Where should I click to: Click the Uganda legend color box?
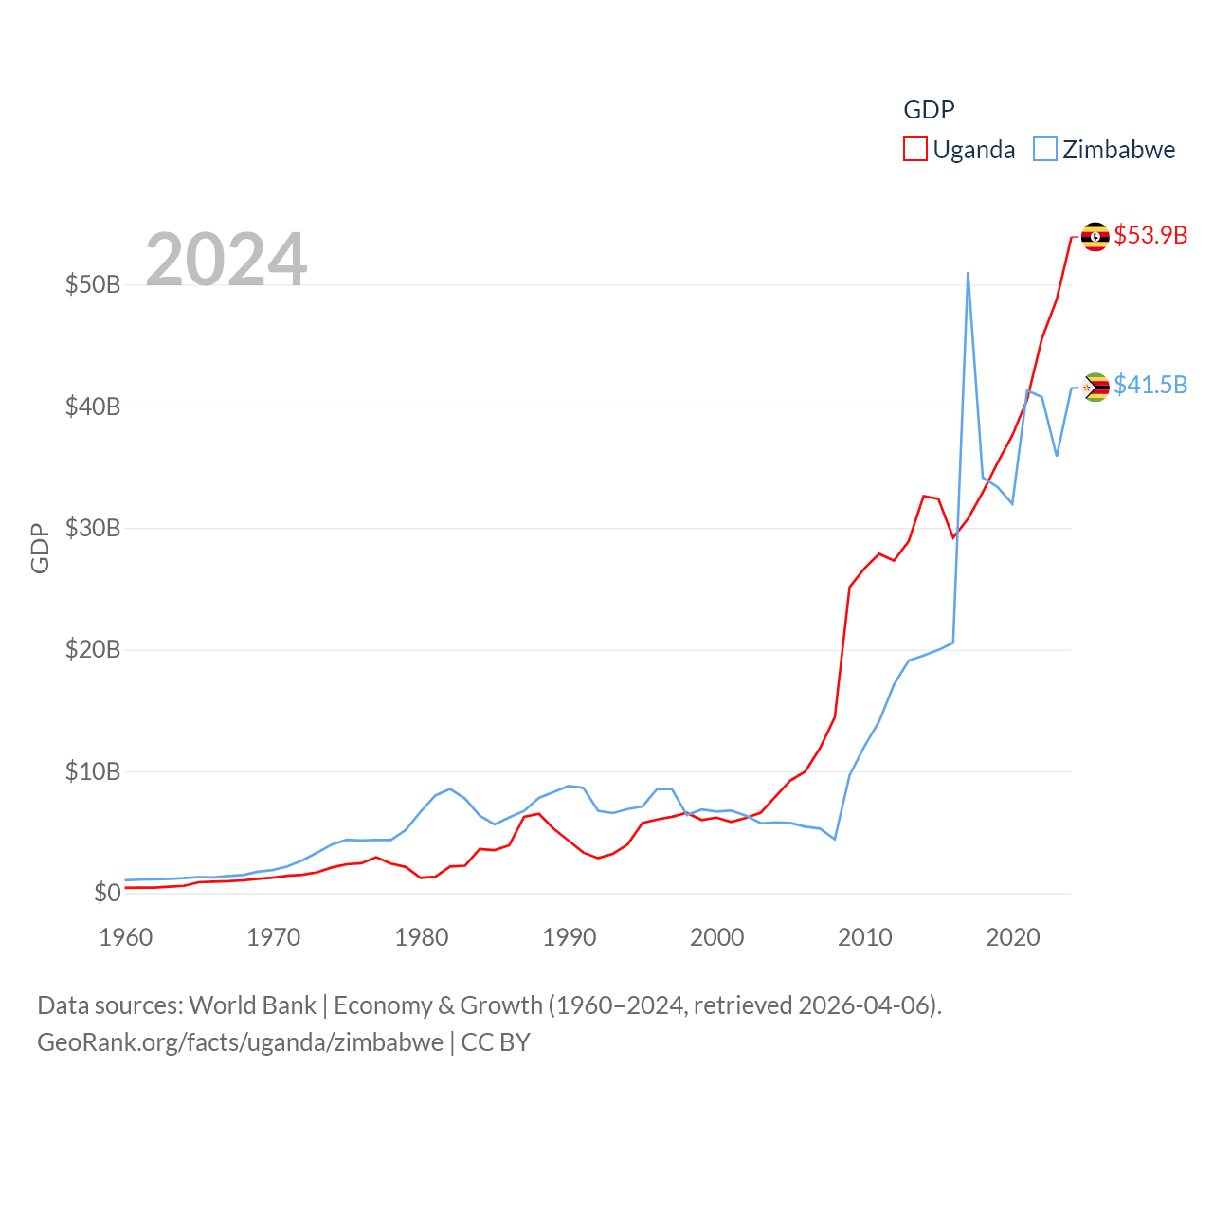(x=914, y=150)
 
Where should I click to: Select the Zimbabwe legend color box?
(x=1044, y=150)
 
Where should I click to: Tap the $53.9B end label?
(x=1150, y=235)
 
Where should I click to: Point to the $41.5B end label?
(x=1150, y=385)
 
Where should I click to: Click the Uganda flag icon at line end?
(x=1095, y=236)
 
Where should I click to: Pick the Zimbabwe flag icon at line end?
(x=1095, y=387)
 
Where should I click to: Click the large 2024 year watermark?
(x=226, y=259)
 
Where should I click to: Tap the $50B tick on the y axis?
(x=92, y=284)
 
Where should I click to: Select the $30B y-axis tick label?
(x=92, y=528)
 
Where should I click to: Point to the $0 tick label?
(x=107, y=893)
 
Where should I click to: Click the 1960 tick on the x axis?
(x=125, y=937)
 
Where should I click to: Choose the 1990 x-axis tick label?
(x=569, y=937)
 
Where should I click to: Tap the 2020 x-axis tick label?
(x=1012, y=937)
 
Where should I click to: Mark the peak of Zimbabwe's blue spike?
(x=968, y=273)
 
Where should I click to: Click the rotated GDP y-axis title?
(x=40, y=548)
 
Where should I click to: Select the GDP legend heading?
(x=929, y=110)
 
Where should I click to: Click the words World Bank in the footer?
(x=252, y=1005)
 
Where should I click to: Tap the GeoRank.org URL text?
(x=240, y=1042)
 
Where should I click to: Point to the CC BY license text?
(x=495, y=1042)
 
